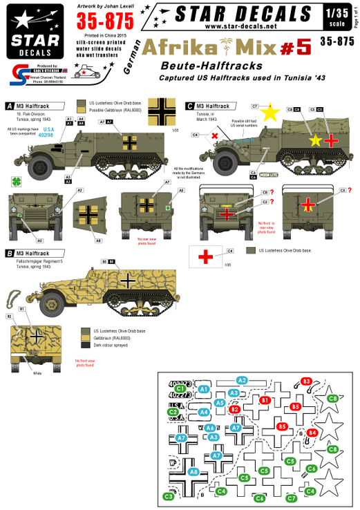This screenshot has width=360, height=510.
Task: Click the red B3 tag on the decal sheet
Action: click(x=307, y=381)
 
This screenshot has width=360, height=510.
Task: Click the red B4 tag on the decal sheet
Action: click(x=312, y=433)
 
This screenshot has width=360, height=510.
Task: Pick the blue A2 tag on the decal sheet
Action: click(x=242, y=380)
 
